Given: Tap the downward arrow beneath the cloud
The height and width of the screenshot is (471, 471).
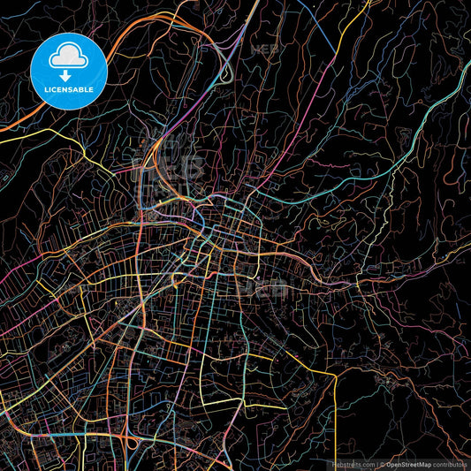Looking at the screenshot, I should pos(66,77).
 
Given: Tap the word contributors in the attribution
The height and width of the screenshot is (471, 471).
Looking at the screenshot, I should pos(451,463).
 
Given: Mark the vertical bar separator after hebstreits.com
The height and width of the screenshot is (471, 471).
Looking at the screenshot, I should pos(378,463).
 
